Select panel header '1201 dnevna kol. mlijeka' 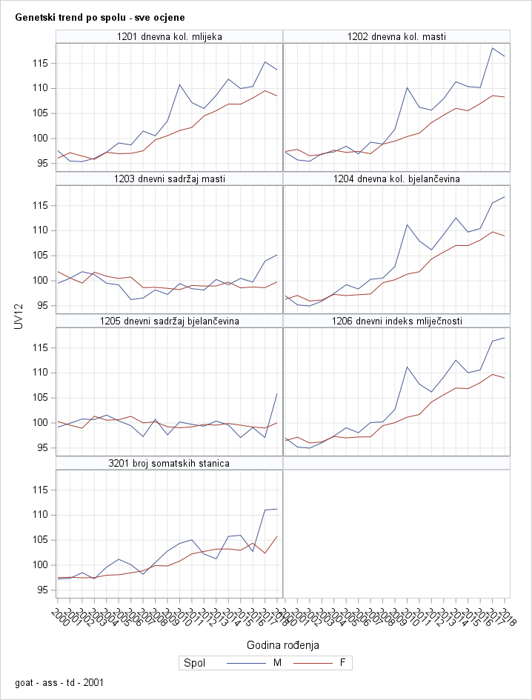(x=170, y=36)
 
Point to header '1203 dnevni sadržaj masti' (x=170, y=179)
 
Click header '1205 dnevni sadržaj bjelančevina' (x=170, y=321)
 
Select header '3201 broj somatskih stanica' (x=170, y=463)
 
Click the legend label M (x=278, y=663)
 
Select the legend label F (x=342, y=663)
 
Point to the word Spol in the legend (x=194, y=663)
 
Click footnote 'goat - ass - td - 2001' (x=54, y=681)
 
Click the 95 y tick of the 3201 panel (x=41, y=590)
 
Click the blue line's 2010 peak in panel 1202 (x=408, y=87)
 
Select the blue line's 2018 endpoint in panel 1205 (x=276, y=393)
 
